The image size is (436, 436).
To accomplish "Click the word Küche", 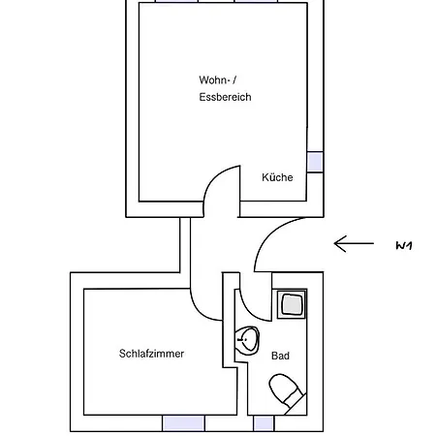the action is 277,177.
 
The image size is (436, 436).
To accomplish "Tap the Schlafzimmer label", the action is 151,354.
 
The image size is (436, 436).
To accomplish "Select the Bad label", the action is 280,356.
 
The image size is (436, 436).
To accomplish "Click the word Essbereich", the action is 225,97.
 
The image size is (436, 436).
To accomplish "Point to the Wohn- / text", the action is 218,79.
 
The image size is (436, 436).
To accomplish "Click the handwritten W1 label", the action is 404,246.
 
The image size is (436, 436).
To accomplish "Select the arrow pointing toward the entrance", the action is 354,243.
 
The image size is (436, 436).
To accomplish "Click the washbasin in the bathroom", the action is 247,340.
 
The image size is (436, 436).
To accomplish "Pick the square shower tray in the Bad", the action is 292,304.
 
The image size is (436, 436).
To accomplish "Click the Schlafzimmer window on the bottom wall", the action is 183,423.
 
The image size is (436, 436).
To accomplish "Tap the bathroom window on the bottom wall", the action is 264,423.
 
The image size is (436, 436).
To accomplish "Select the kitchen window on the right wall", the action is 315,162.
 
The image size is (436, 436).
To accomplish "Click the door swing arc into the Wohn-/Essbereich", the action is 214,176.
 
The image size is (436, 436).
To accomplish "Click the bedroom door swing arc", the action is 198,310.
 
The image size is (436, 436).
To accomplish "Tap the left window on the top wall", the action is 176,1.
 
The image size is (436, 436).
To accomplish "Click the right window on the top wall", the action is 256,1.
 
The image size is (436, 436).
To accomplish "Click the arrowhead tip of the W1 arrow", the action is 334,243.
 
